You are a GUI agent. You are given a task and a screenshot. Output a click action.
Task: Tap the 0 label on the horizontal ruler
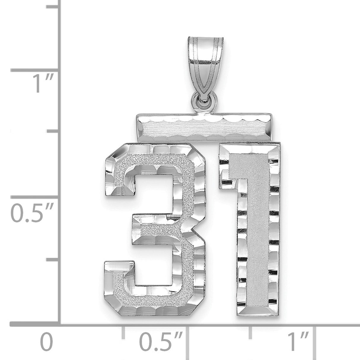point(47,343)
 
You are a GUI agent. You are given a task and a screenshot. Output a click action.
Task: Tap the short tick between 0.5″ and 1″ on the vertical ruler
point(52,134)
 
